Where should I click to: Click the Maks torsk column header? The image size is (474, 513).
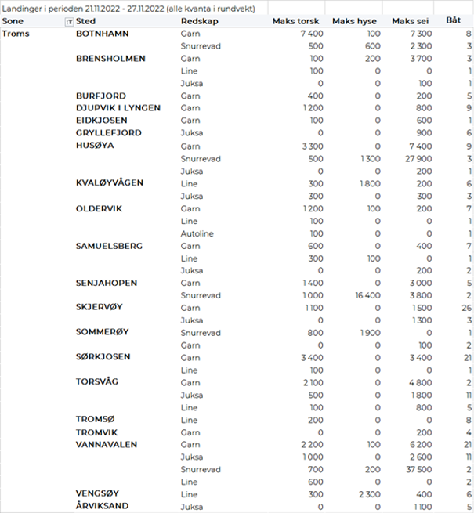point(294,20)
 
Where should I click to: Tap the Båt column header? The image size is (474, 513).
point(453,20)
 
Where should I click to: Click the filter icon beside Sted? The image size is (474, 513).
point(69,21)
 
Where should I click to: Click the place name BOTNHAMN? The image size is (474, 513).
point(103,34)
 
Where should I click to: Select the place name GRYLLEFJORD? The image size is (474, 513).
point(109,133)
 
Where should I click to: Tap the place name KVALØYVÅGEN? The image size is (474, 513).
point(110,183)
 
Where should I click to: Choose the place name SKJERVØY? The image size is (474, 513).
point(100,308)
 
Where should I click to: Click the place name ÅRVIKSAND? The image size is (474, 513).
point(102,506)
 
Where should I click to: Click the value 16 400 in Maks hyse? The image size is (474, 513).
point(366,295)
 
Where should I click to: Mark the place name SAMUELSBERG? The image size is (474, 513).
point(109,246)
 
